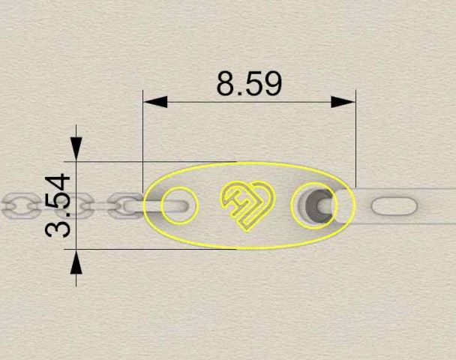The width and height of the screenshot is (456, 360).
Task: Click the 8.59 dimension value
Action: coord(249,84)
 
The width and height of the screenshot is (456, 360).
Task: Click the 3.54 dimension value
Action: coord(58,205)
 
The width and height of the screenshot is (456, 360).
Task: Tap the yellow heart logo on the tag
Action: coord(247,205)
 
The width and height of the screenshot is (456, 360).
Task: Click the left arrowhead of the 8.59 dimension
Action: coord(155,102)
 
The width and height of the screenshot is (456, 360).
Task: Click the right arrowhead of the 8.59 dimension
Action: coord(343,102)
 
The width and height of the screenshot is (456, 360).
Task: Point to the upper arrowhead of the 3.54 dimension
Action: coord(76,148)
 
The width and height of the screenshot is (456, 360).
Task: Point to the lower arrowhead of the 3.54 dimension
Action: coord(76,262)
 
